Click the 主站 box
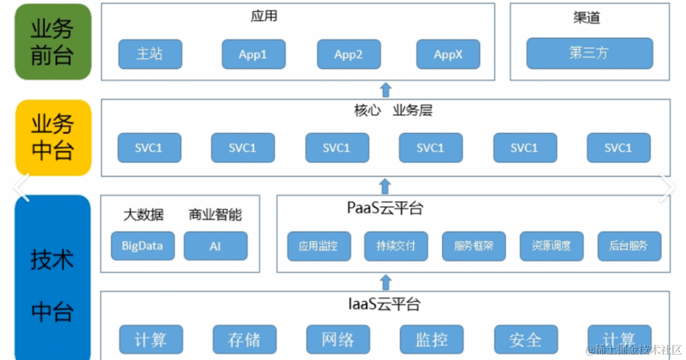150,54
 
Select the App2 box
348,54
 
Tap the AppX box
448,54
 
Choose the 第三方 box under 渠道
589,53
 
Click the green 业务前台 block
53,42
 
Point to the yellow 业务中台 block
53,138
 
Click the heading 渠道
586,18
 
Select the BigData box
143,246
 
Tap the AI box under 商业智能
216,246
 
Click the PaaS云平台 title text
385,208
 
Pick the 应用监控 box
318,246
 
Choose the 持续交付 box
396,246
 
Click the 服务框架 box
473,246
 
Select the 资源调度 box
551,246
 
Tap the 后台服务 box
629,246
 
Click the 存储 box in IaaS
244,340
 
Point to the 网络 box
338,339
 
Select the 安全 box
525,340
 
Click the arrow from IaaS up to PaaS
385,281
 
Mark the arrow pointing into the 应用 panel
385,89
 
